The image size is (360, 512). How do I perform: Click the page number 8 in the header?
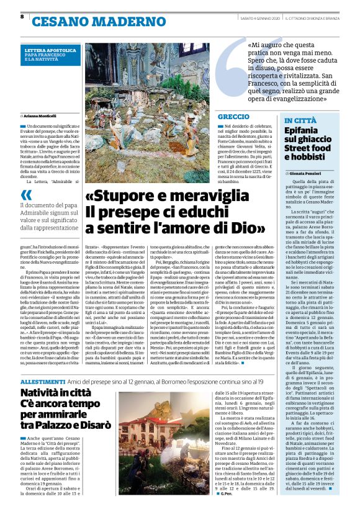click(x=22, y=17)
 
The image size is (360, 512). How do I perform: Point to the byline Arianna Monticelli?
click(x=43, y=116)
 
